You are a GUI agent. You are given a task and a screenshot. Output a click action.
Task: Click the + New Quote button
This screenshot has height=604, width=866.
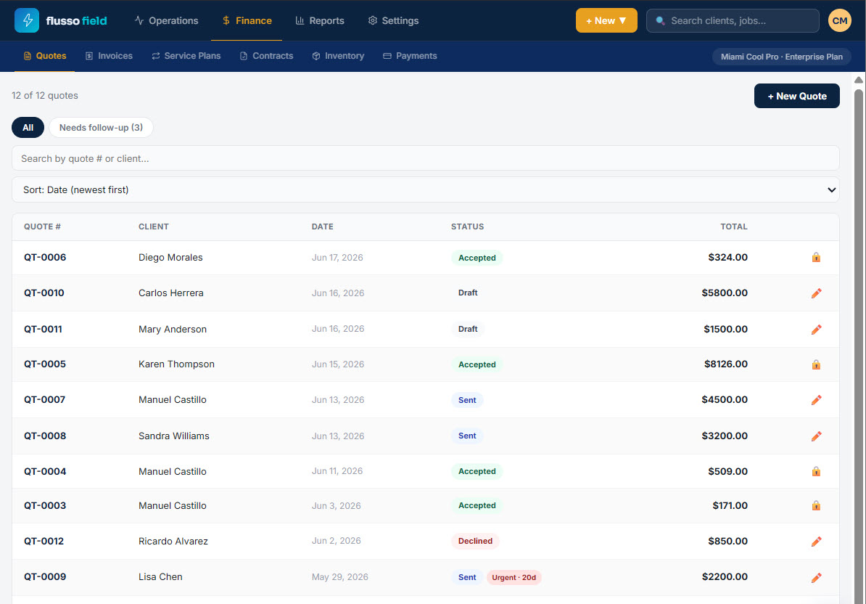(x=796, y=96)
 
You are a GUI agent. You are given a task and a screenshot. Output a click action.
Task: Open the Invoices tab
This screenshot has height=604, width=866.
(x=109, y=56)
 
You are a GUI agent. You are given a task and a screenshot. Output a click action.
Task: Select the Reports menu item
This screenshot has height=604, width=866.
(x=320, y=20)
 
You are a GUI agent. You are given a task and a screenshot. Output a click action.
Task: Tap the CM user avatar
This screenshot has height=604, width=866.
(x=839, y=20)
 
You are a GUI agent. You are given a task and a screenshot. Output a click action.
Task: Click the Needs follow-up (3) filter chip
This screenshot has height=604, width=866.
(x=101, y=128)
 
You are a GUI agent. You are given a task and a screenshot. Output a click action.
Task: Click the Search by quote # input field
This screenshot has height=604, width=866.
(x=425, y=158)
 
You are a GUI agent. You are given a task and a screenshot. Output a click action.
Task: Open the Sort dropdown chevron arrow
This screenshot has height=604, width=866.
(x=831, y=189)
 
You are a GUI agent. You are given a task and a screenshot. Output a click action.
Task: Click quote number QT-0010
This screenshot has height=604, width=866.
(x=44, y=293)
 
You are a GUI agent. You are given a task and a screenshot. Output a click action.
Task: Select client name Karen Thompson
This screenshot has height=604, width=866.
(x=176, y=364)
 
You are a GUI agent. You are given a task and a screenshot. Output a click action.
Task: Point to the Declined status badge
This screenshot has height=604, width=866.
(x=475, y=541)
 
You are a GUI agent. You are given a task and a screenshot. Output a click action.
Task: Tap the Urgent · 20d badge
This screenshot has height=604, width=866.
(x=514, y=577)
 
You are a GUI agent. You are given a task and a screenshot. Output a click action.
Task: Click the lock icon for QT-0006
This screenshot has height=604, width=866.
(x=816, y=258)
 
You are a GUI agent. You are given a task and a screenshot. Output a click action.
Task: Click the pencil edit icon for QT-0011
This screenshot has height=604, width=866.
(x=816, y=330)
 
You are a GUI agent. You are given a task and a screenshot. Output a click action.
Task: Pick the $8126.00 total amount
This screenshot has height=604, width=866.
(x=726, y=364)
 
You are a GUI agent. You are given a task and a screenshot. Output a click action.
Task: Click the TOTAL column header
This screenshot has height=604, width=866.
(x=733, y=226)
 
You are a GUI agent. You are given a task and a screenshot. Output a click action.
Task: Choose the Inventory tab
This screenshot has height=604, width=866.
(x=338, y=56)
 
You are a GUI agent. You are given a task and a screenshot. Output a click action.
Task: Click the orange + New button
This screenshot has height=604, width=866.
(x=606, y=20)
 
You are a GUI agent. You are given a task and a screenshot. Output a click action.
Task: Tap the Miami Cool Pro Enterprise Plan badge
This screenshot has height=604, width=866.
(x=781, y=57)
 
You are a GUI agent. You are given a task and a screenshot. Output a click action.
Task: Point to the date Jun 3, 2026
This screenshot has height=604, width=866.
(x=336, y=506)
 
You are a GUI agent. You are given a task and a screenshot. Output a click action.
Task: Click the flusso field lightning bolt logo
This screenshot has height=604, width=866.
(x=27, y=20)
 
